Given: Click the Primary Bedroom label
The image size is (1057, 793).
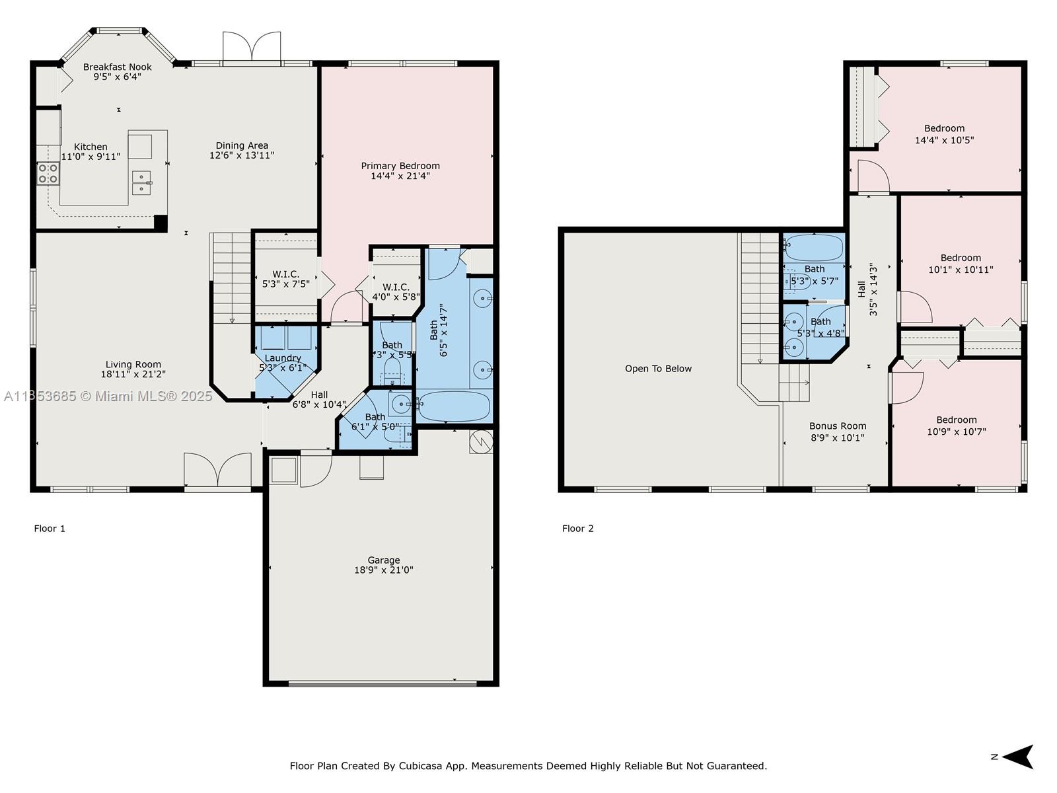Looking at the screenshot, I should (400, 166).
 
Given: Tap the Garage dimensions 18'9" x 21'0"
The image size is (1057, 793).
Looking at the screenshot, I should (384, 570).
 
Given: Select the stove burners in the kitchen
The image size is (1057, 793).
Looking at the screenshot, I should (48, 173).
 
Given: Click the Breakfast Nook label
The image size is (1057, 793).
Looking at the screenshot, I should (118, 67).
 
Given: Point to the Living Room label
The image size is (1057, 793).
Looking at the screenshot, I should (133, 364).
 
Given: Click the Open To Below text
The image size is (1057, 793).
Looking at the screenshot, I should (658, 369).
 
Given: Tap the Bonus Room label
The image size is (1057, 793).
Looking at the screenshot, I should (838, 426).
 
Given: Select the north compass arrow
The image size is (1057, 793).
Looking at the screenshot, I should (1018, 757).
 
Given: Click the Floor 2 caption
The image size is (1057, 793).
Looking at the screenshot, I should (578, 528).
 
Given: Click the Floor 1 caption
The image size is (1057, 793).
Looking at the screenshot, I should (50, 528).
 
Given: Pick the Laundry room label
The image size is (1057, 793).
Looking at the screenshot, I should (283, 358).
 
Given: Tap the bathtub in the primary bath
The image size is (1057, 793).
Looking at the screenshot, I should (455, 406).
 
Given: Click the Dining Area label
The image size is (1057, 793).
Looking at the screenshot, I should (242, 145).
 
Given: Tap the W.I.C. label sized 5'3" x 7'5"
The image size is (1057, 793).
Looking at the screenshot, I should (285, 274).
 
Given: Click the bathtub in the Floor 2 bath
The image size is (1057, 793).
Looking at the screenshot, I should (815, 248).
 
